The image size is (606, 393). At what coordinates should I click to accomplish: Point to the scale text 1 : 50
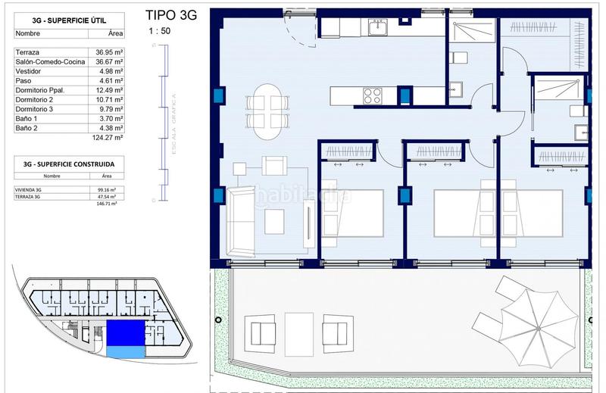click(159, 31)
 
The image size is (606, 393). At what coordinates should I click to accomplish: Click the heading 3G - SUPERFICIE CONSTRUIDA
click(64, 163)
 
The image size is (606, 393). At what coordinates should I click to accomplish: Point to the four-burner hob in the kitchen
click(372, 95)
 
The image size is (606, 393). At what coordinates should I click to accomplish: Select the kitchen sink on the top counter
click(377, 27)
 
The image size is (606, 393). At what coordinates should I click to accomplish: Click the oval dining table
click(269, 111)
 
